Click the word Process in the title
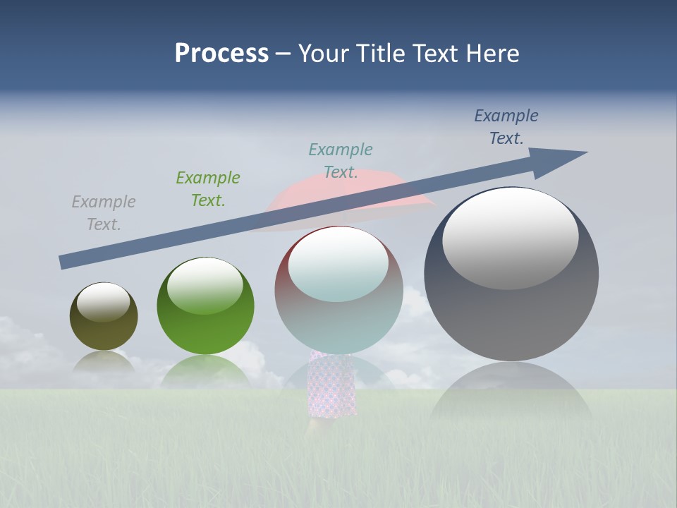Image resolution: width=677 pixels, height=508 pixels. [x=221, y=54]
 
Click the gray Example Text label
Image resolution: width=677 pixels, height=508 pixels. [x=104, y=213]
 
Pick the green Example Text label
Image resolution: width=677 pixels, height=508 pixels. [x=208, y=189]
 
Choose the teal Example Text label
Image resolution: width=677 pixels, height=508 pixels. [x=341, y=161]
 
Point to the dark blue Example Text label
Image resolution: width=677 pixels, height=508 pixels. [x=506, y=127]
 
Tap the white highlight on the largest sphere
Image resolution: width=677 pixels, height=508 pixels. [x=510, y=236]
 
